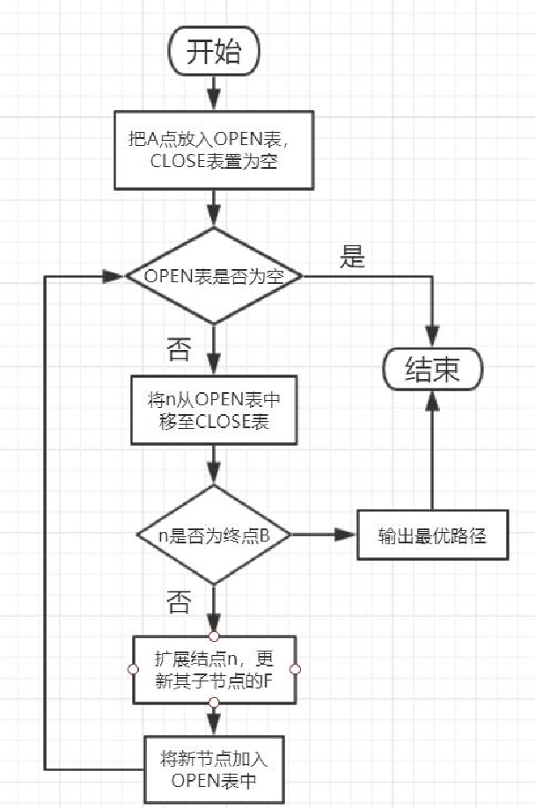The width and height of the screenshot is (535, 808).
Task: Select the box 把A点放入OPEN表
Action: pyautogui.click(x=214, y=149)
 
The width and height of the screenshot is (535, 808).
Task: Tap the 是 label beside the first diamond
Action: pyautogui.click(x=351, y=258)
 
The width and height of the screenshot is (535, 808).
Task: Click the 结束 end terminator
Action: pyautogui.click(x=432, y=369)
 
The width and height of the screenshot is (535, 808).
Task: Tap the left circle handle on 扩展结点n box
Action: pyautogui.click(x=133, y=670)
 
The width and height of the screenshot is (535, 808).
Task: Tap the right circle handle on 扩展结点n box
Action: pyautogui.click(x=295, y=670)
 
